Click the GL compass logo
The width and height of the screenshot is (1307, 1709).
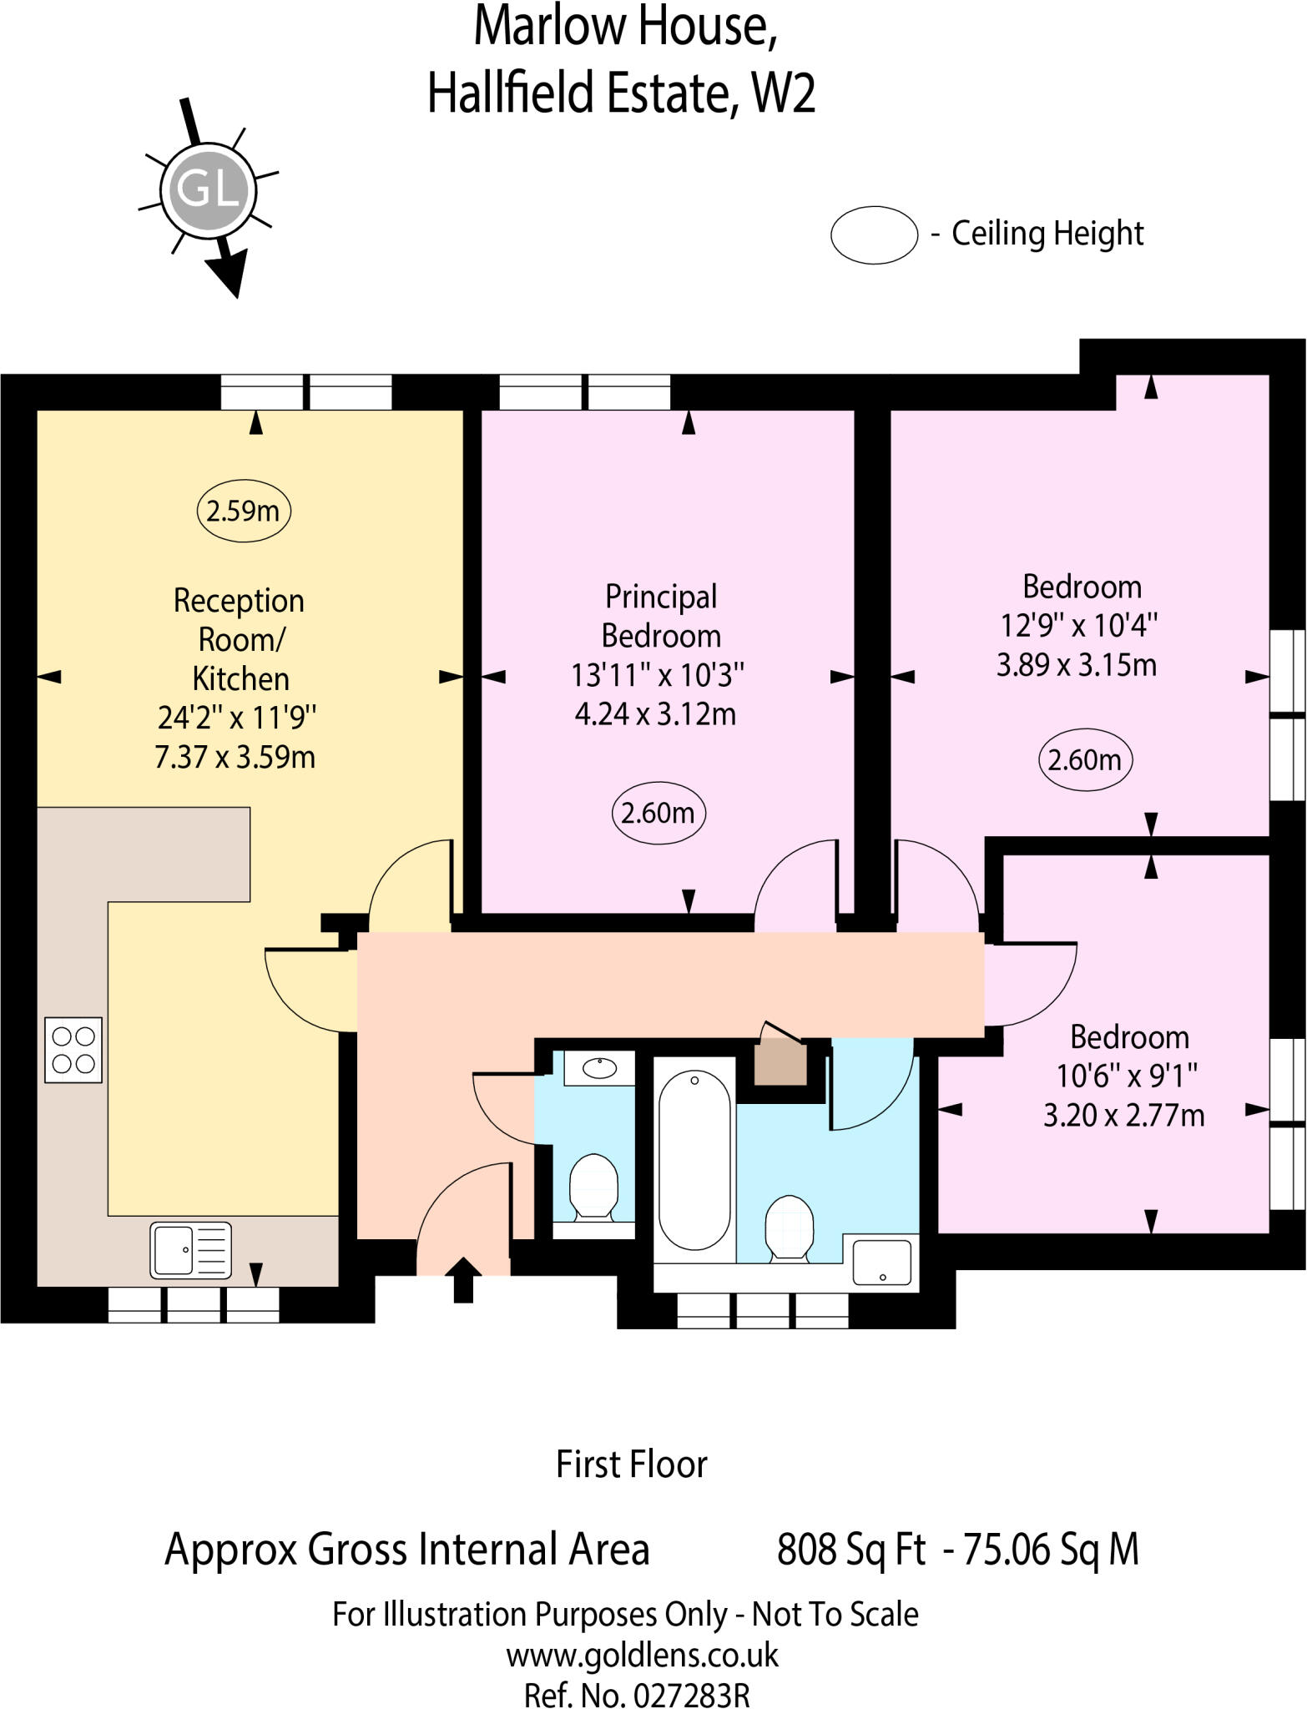208,190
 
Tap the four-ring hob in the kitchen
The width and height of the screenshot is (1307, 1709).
73,1050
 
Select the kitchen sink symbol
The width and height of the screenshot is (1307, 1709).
191,1249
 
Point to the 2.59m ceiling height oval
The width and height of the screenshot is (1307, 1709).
243,510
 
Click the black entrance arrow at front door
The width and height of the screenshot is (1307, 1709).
462,1279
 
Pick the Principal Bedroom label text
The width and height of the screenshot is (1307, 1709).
660,616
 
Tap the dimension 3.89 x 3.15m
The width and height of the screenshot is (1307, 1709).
1077,665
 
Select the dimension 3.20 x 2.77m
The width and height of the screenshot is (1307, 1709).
1123,1115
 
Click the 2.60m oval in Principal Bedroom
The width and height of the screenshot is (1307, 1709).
659,812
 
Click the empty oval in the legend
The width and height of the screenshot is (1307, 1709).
874,234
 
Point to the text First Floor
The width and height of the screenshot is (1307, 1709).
632,1464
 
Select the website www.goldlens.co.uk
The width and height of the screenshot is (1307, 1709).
642,1654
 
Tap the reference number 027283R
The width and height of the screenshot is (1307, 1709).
691,1694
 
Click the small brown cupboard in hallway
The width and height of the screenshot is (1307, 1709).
780,1061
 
